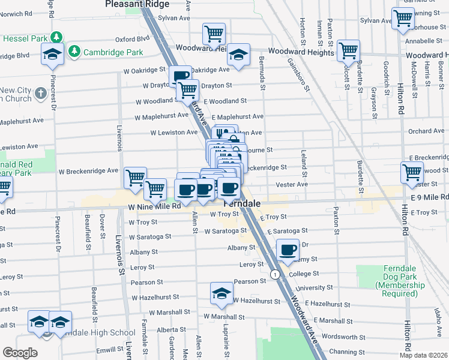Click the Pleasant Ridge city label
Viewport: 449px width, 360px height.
coord(137,4)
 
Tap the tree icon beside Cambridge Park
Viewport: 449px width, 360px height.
coord(74,52)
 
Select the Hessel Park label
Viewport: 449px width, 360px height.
coord(25,38)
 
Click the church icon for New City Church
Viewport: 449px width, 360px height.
coord(40,94)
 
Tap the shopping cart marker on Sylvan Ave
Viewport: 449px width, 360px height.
coord(402,18)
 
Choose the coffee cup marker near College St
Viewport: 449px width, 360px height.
coord(288,250)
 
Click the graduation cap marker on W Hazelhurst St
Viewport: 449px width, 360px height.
coord(221,293)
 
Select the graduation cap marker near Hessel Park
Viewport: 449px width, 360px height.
coord(53,55)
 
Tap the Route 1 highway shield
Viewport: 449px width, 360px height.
coord(275,274)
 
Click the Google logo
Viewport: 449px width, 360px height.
coord(20,353)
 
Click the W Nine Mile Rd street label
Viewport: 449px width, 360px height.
coord(154,206)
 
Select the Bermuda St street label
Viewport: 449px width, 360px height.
coord(262,72)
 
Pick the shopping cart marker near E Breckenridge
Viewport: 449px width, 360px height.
coord(412,173)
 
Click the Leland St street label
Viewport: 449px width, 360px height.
coord(304,170)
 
